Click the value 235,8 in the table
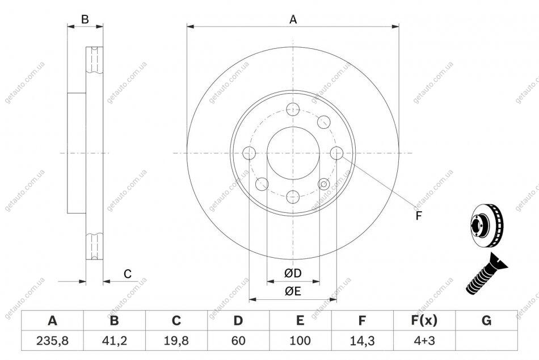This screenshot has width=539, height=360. (x=52, y=341)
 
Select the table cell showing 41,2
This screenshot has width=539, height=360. (x=115, y=341)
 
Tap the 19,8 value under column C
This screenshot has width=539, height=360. (x=176, y=341)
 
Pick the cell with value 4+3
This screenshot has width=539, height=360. (x=424, y=341)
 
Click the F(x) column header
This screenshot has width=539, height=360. (x=424, y=320)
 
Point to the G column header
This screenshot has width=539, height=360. (x=486, y=320)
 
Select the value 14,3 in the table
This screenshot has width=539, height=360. (x=363, y=341)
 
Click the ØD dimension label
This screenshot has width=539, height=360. (x=293, y=273)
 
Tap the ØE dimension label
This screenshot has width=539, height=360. (x=293, y=291)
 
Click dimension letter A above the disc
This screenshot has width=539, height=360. (x=293, y=20)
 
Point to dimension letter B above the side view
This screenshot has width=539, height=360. (x=85, y=19)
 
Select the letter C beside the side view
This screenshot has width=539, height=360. (x=128, y=274)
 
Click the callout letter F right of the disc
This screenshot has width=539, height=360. (x=418, y=216)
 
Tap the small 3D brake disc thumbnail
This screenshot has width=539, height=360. (x=486, y=225)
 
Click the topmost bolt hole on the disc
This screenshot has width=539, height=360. (x=293, y=110)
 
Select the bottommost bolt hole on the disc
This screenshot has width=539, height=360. (x=293, y=197)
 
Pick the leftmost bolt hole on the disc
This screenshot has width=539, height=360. (x=249, y=153)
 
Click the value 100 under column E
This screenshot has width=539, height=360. (x=300, y=341)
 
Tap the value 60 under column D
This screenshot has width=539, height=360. (x=238, y=341)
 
